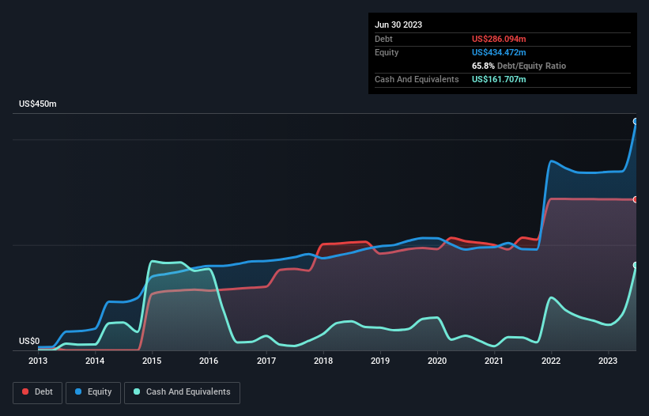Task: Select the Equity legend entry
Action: coord(93,391)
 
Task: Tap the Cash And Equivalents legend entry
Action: coord(182,391)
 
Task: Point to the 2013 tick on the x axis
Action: coord(38,361)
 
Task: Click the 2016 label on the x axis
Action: coord(209,361)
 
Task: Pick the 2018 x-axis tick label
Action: coord(323,361)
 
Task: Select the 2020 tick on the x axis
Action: coord(437,361)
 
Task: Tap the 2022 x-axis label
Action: coord(552,361)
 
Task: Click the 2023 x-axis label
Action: coord(609,361)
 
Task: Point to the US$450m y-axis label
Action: coord(38,104)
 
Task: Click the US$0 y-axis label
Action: coord(29,341)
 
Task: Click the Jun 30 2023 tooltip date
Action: coord(398,25)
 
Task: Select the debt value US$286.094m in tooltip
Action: coord(499,39)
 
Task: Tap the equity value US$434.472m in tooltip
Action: coord(499,52)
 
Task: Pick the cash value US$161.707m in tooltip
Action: coord(499,79)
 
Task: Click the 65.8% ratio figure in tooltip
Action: coord(484,66)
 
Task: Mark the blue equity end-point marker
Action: coord(635,121)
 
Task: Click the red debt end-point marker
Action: coord(635,199)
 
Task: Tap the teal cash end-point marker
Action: coord(635,265)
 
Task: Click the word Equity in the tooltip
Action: coord(387,52)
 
